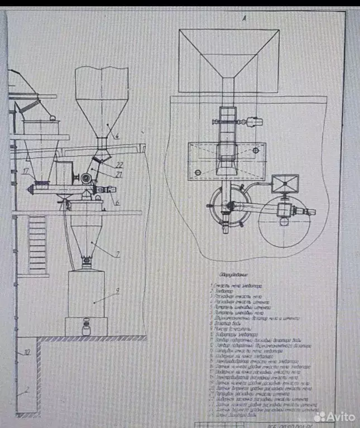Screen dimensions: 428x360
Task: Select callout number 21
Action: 118,174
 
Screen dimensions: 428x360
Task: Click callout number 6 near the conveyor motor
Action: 118,203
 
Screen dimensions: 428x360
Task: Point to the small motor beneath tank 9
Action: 87,324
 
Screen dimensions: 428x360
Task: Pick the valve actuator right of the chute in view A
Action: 252,122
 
